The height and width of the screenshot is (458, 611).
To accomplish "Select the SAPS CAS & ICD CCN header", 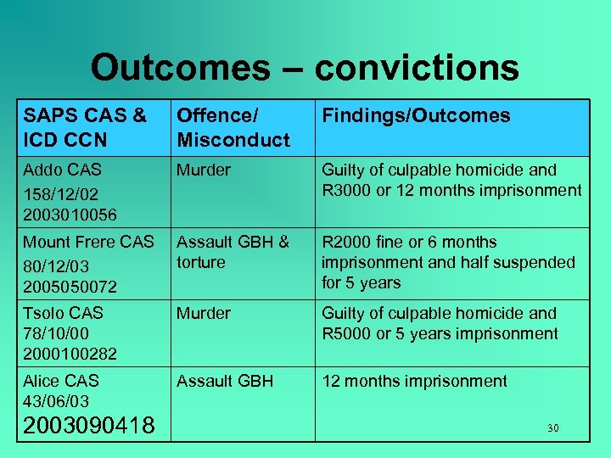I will pyautogui.click(x=85, y=127).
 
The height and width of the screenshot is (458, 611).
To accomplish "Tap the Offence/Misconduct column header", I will pyautogui.click(x=233, y=127).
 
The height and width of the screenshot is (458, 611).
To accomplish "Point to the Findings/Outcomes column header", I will pyautogui.click(x=416, y=116).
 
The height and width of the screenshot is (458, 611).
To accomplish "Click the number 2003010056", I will pyautogui.click(x=70, y=215).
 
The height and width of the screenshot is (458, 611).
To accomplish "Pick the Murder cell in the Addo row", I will pyautogui.click(x=203, y=170).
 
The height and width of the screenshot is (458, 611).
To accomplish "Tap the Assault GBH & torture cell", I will pyautogui.click(x=233, y=252).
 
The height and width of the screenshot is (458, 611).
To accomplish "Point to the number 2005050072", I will pyautogui.click(x=70, y=287).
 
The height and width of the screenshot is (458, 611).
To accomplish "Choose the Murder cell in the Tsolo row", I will pyautogui.click(x=203, y=314).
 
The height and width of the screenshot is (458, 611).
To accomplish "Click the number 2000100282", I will pyautogui.click(x=70, y=353).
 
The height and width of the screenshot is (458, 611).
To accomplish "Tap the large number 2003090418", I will pyautogui.click(x=89, y=425).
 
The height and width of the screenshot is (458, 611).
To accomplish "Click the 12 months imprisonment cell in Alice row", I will pyautogui.click(x=414, y=381).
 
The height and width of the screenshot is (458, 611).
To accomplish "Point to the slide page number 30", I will pyautogui.click(x=552, y=428).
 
